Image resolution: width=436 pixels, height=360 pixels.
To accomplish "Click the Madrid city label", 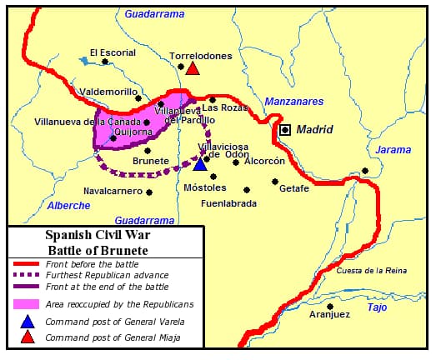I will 315,129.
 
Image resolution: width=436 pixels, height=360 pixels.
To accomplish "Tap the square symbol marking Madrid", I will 286,130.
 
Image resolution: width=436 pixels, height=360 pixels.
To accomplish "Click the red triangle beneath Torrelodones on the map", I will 193,68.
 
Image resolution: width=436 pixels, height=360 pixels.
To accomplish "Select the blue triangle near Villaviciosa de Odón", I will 200,164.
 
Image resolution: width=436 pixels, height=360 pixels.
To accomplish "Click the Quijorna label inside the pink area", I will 132,130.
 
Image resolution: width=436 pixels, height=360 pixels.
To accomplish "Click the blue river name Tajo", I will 377,307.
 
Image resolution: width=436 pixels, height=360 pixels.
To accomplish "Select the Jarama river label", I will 393,150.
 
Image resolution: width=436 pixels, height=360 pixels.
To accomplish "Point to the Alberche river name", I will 68,205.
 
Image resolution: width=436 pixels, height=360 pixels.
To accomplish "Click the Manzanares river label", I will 293,102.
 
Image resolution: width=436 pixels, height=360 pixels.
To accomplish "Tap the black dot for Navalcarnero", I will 149,192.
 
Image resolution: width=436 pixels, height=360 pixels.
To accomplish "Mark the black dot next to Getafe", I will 275,181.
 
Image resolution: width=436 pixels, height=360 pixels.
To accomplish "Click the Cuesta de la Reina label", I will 372,271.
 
